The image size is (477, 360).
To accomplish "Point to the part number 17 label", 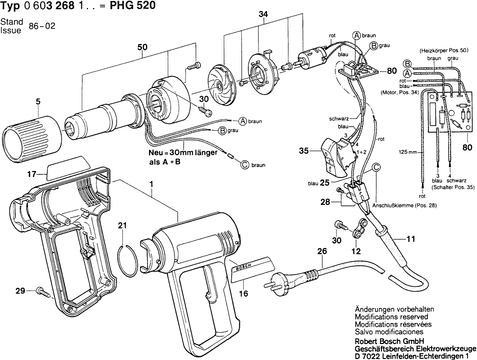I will click(x=32, y=174).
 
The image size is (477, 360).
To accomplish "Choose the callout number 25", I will click(x=324, y=183).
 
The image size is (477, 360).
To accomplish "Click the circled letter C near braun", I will click(x=244, y=164).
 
